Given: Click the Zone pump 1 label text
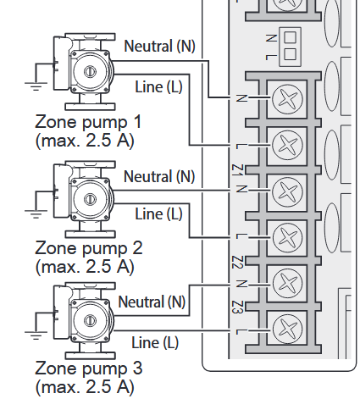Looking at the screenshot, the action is [x=88, y=122].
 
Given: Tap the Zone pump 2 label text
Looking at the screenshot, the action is [x=89, y=248].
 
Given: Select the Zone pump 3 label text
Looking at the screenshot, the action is [x=89, y=368].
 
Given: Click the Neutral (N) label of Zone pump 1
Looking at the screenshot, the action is [x=159, y=46].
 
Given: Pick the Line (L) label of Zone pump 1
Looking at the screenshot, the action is [x=158, y=86].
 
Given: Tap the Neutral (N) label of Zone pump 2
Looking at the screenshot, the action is [x=159, y=176].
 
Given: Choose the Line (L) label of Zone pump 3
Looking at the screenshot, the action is [x=155, y=342].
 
